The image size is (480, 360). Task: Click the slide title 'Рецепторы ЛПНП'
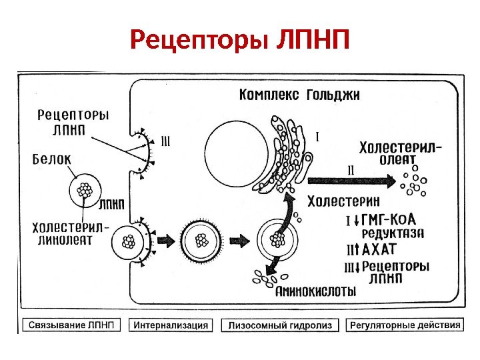pos(239,41)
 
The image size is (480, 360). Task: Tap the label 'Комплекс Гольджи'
pos(299,95)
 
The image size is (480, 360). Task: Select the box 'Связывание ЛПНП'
pos(71,325)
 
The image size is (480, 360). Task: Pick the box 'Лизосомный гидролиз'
pos(279,325)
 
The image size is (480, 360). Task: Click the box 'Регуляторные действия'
pos(404,325)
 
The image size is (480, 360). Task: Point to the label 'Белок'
pos(51,159)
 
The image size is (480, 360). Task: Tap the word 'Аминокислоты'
pos(315,291)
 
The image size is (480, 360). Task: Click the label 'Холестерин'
pos(343,201)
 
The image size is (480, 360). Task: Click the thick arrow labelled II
pos(350,179)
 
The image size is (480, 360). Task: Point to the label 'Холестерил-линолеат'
pos(67,233)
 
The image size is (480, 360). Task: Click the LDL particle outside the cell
pos(85,191)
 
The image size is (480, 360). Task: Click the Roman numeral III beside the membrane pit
pos(166,141)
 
